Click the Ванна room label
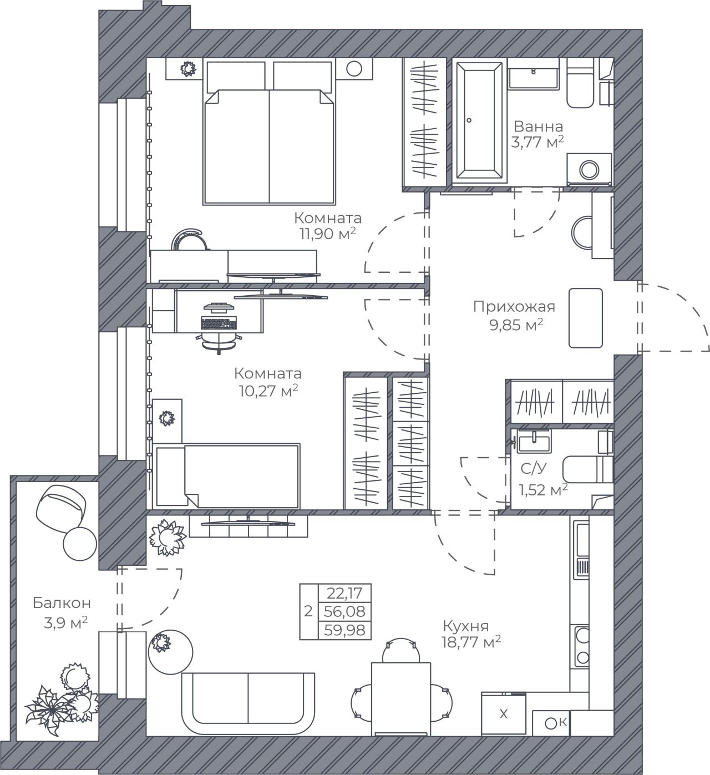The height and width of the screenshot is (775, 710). coord(538,126)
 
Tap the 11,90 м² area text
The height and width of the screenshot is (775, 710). coord(328,234)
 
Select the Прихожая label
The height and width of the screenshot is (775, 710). coord(514,307)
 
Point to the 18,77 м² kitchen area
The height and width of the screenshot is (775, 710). coord(471,642)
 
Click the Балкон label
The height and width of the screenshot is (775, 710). coord(62,602)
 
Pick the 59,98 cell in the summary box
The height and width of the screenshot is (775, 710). coord(344,631)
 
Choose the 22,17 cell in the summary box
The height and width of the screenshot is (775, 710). coord(344,592)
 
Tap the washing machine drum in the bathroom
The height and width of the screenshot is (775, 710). coord(589,170)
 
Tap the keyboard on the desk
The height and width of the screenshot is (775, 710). coord(219,323)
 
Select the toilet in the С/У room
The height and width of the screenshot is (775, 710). coord(588,469)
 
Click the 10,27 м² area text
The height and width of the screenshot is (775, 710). coord(268,391)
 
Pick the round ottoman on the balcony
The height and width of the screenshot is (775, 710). coord(79,543)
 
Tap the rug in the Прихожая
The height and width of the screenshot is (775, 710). coord(586,317)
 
